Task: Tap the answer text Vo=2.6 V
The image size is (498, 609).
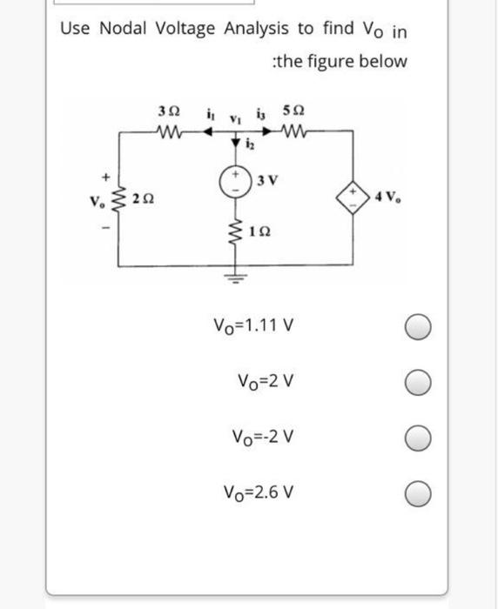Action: click(254, 492)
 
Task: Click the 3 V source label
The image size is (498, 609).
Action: click(267, 181)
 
